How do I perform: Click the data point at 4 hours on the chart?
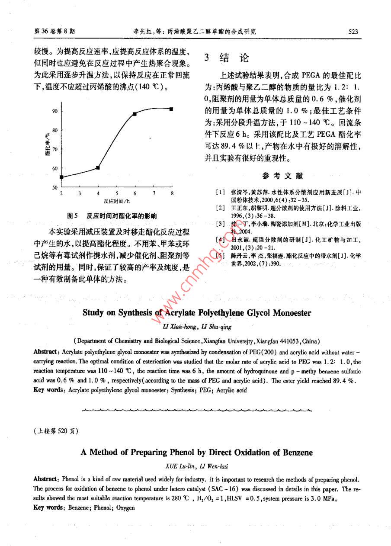pyautogui.click(x=98, y=167)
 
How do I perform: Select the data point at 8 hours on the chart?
pyautogui.click(x=172, y=109)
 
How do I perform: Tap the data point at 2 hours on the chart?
pyautogui.click(x=61, y=177)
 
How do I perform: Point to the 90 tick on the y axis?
pyautogui.click(x=55, y=111)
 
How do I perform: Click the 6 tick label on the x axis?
pyautogui.click(x=135, y=193)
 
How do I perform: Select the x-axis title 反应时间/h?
pyautogui.click(x=117, y=201)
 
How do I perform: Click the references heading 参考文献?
pyautogui.click(x=282, y=176)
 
